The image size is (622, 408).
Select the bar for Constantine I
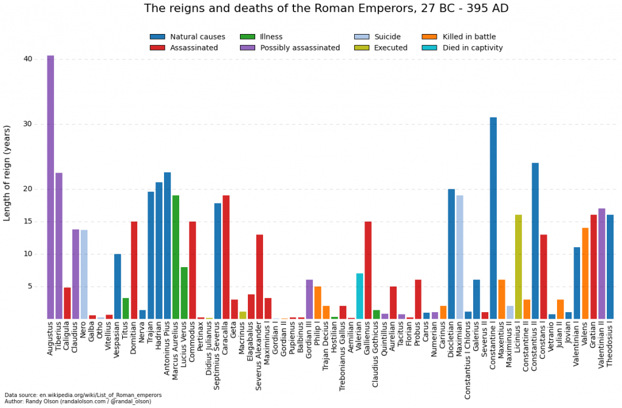(x=493, y=218)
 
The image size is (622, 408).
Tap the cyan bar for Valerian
(x=360, y=296)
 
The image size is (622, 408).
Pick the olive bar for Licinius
(x=518, y=267)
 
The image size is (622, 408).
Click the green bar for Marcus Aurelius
(x=176, y=257)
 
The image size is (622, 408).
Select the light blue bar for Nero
(x=84, y=274)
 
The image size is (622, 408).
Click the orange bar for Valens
(x=586, y=273)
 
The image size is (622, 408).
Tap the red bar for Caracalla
(x=226, y=257)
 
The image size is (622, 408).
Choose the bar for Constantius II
(x=535, y=240)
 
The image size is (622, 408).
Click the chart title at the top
(x=326, y=8)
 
